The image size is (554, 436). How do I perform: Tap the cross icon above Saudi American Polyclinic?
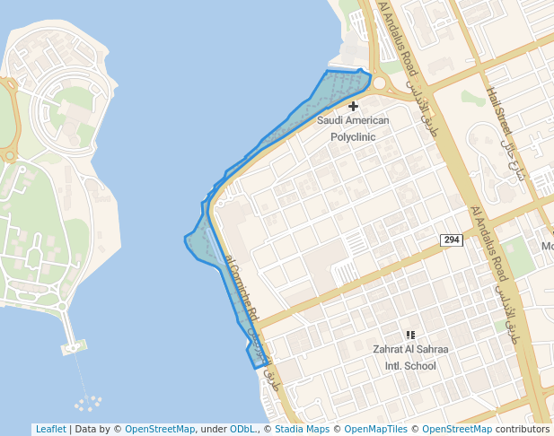coord(353,107)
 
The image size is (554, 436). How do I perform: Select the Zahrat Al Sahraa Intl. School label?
coord(410,356)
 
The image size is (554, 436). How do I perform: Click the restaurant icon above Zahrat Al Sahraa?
coord(410,335)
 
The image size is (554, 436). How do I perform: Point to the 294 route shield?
coord(451,240)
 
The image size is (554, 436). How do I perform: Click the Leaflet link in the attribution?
coord(50,429)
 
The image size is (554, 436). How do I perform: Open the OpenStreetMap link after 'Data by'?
coord(159,429)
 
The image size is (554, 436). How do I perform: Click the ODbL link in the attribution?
coord(242,429)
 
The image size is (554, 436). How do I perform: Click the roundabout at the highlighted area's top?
coord(376,84)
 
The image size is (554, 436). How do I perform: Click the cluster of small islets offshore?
coord(89,403)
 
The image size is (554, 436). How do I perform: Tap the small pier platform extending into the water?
coord(73,345)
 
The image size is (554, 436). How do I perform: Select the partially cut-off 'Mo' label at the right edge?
coord(547,246)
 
